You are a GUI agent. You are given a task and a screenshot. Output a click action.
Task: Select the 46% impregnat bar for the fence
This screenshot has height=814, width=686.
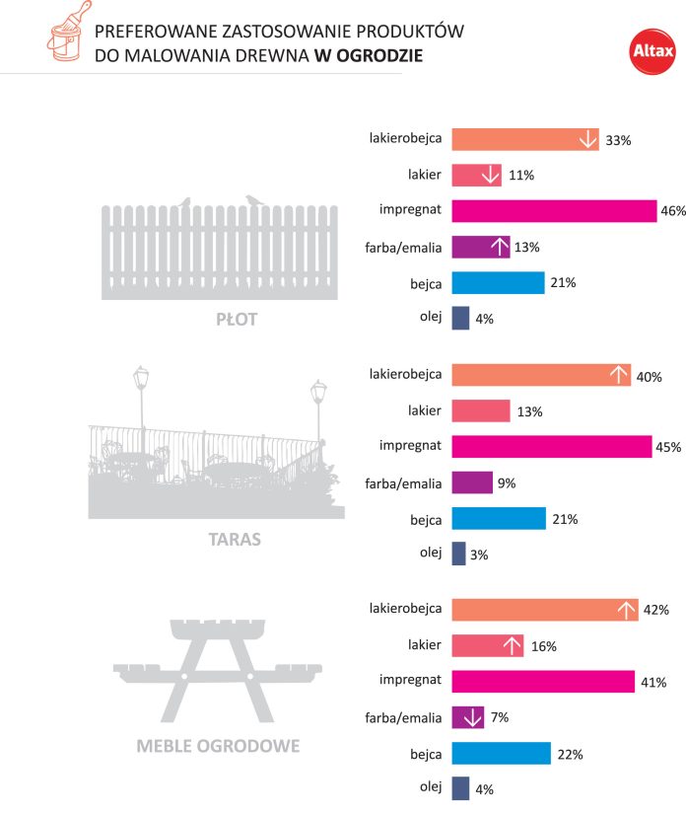(554, 211)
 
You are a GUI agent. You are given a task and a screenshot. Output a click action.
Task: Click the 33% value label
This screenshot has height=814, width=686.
(618, 141)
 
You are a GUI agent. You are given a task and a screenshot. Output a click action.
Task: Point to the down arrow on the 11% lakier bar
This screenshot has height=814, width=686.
(490, 176)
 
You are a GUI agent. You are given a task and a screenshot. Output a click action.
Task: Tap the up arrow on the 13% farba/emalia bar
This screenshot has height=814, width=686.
(499, 247)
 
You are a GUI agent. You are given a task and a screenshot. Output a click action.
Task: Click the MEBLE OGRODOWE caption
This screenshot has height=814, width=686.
(217, 745)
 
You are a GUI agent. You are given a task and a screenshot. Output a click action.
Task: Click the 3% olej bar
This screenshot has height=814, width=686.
(458, 554)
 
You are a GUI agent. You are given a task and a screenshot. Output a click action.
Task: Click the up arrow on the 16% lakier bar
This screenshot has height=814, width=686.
(513, 646)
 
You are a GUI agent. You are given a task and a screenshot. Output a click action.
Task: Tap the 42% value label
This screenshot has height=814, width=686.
(656, 611)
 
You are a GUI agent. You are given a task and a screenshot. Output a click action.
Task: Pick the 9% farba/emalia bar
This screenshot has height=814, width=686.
(471, 482)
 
